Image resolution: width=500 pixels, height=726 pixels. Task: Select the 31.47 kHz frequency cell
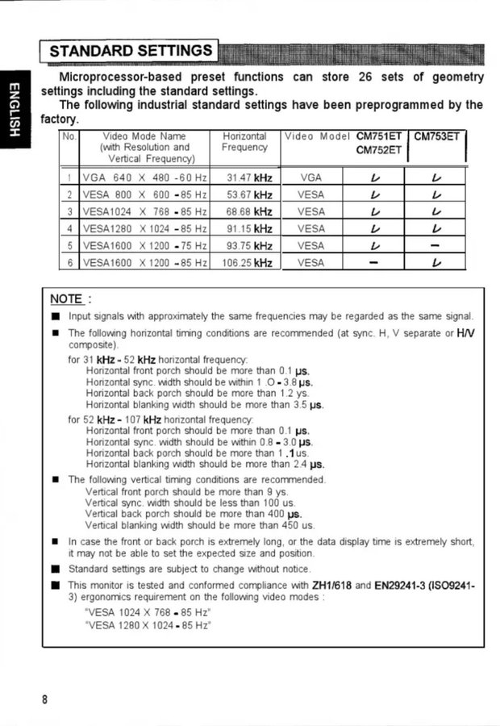point(248,177)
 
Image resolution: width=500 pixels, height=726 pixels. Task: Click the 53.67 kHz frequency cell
point(248,194)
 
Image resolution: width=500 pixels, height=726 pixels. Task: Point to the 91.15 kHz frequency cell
point(248,228)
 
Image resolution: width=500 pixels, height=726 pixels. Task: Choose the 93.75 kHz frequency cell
point(248,245)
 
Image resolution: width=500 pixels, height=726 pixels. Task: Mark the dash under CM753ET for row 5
point(435,245)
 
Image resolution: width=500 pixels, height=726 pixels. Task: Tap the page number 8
point(46,699)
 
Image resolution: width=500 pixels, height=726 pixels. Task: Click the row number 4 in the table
point(70,228)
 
